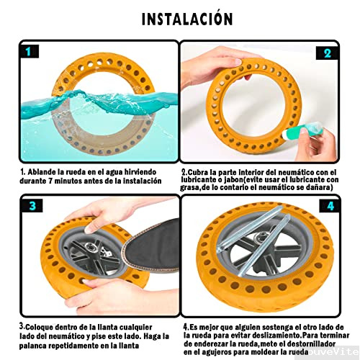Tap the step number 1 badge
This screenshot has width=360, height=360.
(28, 52)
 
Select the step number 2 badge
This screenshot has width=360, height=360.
(326, 53)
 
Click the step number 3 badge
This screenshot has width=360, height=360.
(29, 206)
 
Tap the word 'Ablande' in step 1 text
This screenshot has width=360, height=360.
(44, 173)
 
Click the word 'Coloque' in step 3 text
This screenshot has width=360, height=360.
(42, 325)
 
